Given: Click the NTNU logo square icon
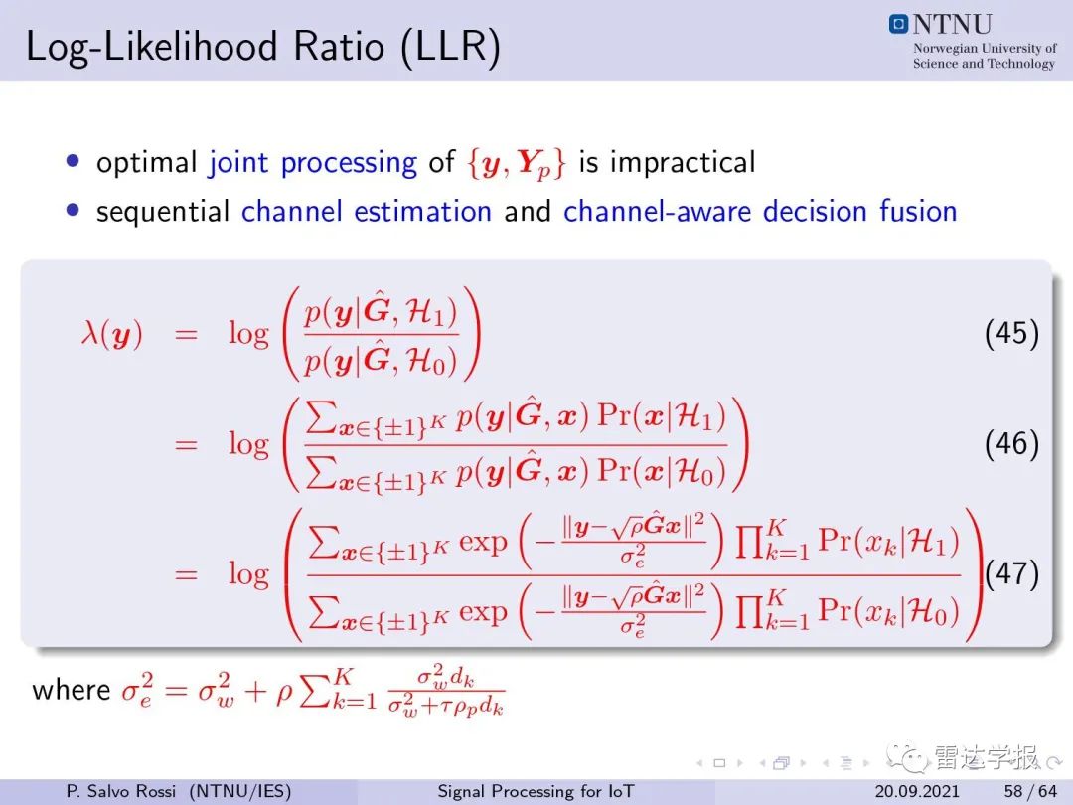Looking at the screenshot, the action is point(898,24).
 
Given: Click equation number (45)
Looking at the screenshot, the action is point(1011,333).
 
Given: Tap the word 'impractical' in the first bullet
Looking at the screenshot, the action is point(683,162).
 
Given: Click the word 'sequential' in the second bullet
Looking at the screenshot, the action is point(163,212).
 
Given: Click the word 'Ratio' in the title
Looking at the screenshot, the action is point(339,47).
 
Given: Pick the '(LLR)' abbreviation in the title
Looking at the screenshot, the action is point(450,48).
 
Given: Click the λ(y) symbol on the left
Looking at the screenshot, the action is point(112,335).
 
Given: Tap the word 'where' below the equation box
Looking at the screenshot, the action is point(72,689).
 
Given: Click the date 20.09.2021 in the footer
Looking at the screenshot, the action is point(917,791).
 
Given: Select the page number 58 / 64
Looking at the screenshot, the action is point(1030,791).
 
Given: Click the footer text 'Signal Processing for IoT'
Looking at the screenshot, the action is point(536,791).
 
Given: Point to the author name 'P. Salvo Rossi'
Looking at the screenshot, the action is point(121,791).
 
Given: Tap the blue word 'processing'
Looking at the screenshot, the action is point(349,164).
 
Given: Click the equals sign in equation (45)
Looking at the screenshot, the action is point(186,335).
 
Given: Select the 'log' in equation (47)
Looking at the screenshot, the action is point(249,575).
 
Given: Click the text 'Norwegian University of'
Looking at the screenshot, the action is point(985,48).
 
